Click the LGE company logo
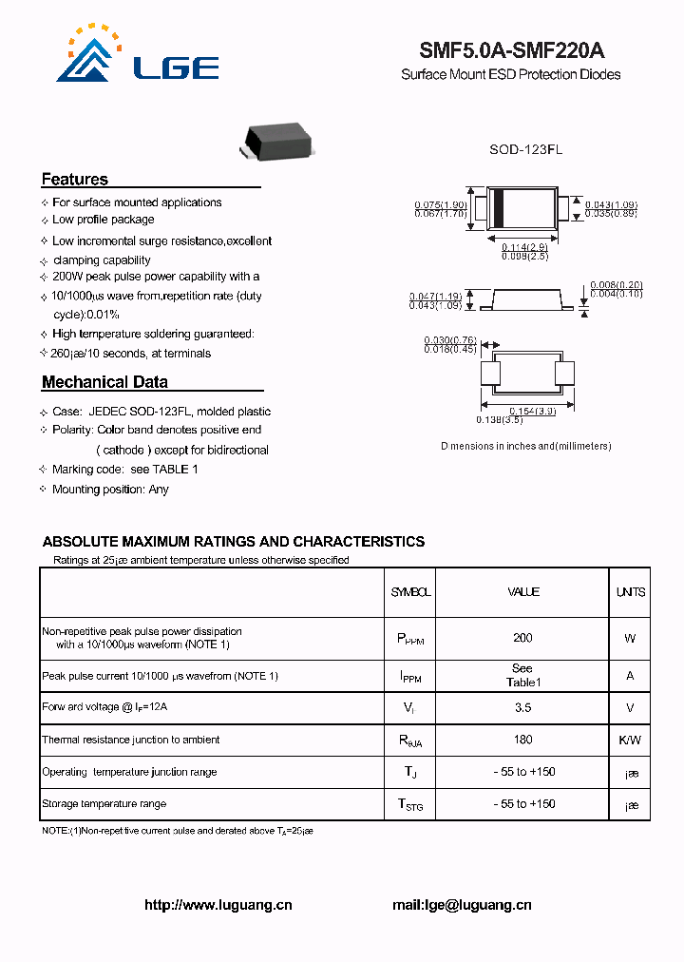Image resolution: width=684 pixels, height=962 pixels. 138,54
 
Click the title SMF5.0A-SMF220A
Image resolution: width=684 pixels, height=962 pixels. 511,51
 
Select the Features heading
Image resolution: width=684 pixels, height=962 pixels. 75,180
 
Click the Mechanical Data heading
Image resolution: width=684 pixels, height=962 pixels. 104,382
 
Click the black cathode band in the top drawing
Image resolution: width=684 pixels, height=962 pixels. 498,208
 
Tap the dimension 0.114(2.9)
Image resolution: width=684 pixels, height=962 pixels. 524,247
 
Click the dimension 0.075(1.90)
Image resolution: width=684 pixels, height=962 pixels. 440,205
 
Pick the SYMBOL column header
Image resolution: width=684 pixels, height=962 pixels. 410,592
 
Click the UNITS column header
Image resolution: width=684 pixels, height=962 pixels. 630,592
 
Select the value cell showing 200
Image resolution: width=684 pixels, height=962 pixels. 522,639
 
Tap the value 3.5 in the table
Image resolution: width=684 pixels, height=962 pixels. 522,707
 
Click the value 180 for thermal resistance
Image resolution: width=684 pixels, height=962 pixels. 522,740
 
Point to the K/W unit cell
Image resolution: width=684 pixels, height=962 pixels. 630,740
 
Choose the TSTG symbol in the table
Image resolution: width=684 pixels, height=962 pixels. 410,805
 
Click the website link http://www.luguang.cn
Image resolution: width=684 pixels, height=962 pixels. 218,906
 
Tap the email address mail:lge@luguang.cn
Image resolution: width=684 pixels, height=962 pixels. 462,906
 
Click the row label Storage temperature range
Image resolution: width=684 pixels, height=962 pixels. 104,804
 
